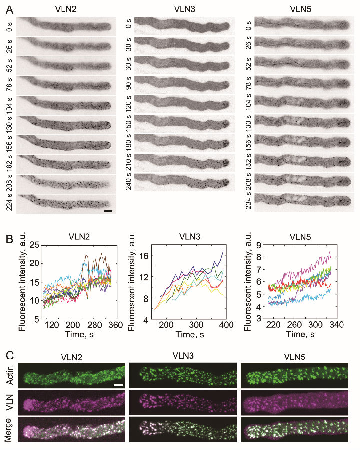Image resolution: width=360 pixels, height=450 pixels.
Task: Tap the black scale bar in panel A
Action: (109, 211)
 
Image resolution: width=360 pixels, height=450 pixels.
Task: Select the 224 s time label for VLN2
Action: (9, 204)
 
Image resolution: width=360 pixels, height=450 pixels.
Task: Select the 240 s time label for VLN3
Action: (128, 183)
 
